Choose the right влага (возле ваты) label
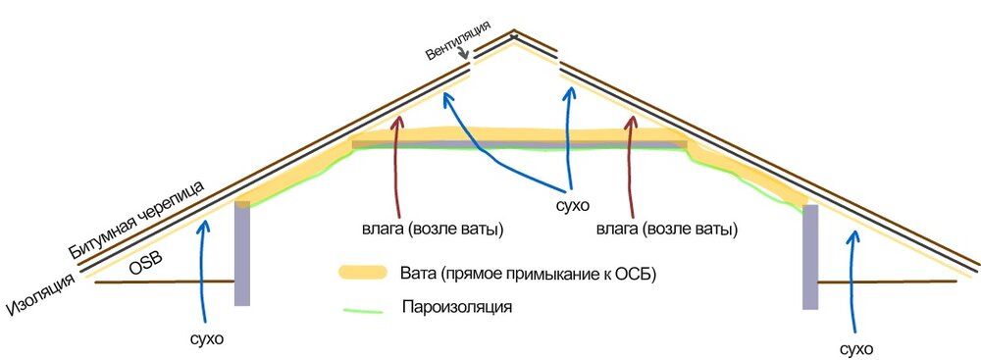tap(663, 231)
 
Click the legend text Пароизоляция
tap(458, 307)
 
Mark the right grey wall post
tap(810, 258)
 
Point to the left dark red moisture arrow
tap(396, 167)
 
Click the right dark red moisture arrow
tap(630, 167)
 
